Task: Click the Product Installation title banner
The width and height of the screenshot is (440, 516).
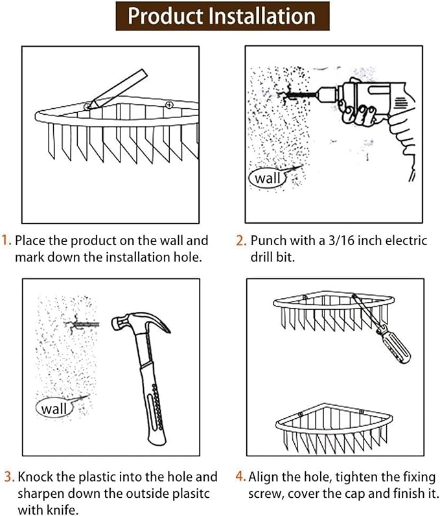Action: tap(221, 16)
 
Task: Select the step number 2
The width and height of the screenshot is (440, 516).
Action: tap(240, 241)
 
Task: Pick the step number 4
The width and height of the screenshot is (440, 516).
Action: tap(240, 477)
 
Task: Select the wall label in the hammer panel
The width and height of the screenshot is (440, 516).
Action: tap(54, 409)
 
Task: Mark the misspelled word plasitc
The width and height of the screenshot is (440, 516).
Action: tap(183, 493)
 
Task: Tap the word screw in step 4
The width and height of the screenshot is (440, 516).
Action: tap(264, 493)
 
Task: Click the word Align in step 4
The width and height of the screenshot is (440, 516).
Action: tap(264, 477)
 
